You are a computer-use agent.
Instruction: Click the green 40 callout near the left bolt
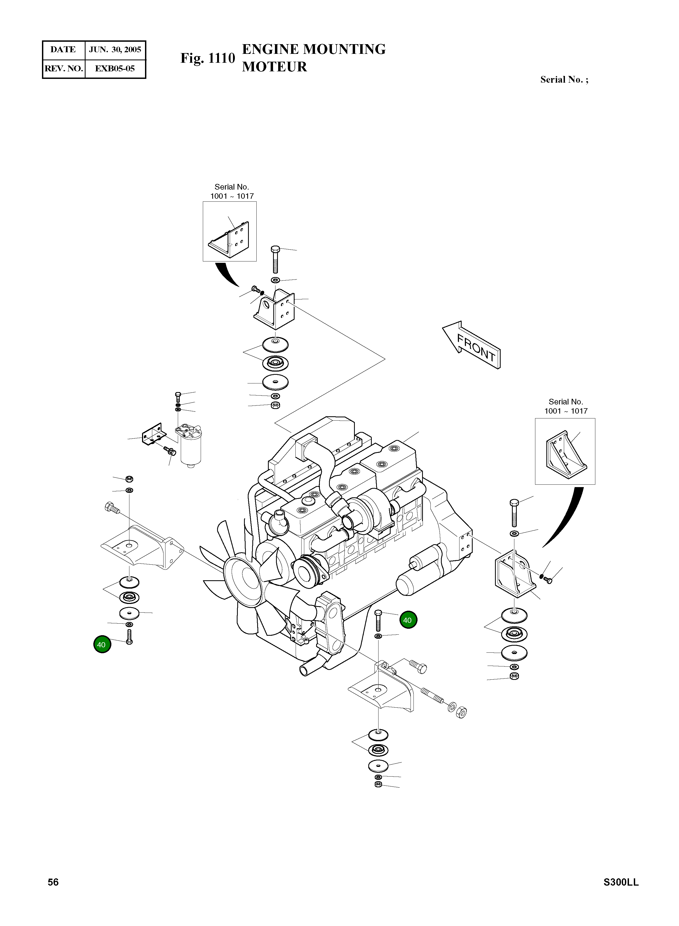[x=101, y=645]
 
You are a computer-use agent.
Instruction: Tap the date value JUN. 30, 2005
[x=115, y=50]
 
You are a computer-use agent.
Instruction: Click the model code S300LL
[x=621, y=882]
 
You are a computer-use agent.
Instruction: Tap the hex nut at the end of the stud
[x=461, y=712]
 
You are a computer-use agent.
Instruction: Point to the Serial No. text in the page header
[x=564, y=80]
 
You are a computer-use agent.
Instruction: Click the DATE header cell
[x=63, y=50]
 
